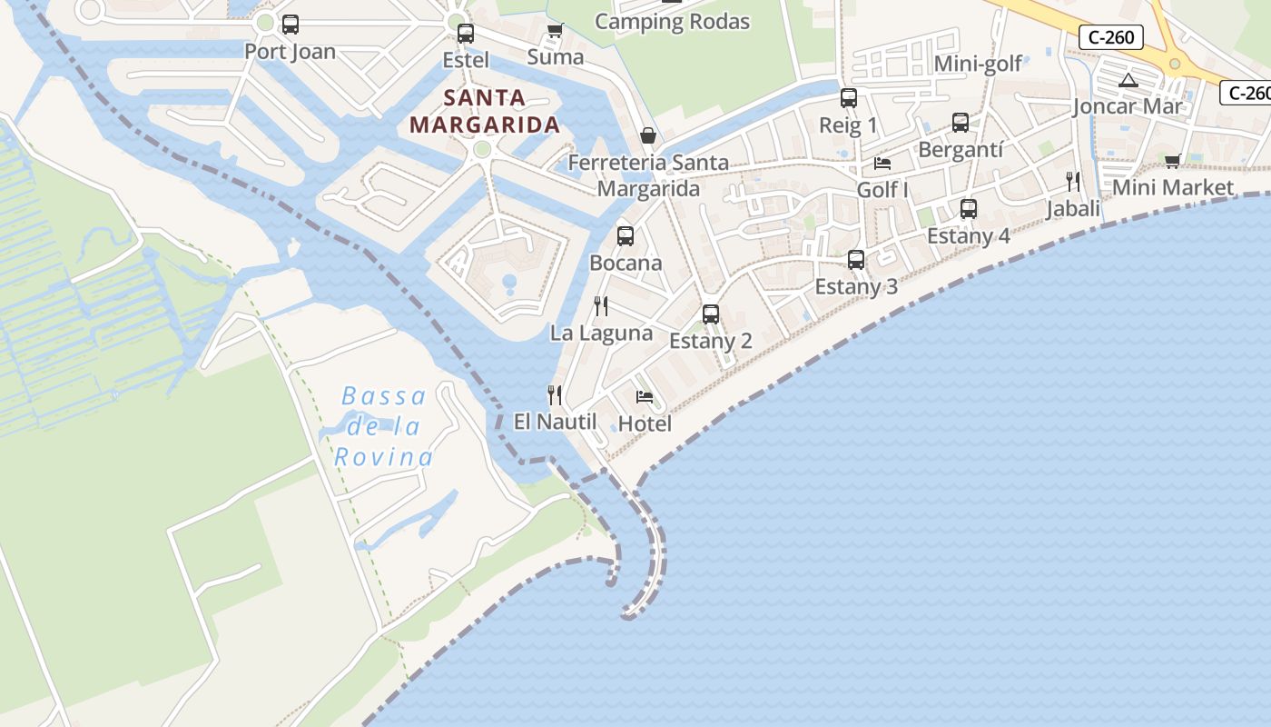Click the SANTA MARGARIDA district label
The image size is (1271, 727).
[484, 110]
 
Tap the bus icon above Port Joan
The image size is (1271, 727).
[291, 25]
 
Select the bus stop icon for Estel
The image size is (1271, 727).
[466, 34]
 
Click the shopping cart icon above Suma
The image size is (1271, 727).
[555, 31]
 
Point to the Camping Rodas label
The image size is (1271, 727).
[672, 21]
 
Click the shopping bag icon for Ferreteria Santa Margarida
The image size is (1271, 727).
[648, 135]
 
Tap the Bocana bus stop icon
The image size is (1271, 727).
[626, 236]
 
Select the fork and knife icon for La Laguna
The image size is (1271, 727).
[601, 305]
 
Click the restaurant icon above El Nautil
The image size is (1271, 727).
[555, 394]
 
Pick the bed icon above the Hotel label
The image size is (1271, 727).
[645, 396]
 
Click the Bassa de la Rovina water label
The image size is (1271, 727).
[383, 425]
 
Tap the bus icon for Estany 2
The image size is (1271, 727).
[711, 314]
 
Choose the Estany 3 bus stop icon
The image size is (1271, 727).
[856, 260]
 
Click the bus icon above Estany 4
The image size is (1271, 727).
[969, 209]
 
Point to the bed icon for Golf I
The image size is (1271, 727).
[882, 164]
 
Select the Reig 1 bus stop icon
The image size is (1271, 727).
[849, 98]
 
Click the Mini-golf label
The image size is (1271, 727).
[978, 64]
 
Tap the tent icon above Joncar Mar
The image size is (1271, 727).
[1128, 80]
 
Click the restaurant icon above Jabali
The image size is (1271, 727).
[1073, 182]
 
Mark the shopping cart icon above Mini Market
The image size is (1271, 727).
[1172, 161]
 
